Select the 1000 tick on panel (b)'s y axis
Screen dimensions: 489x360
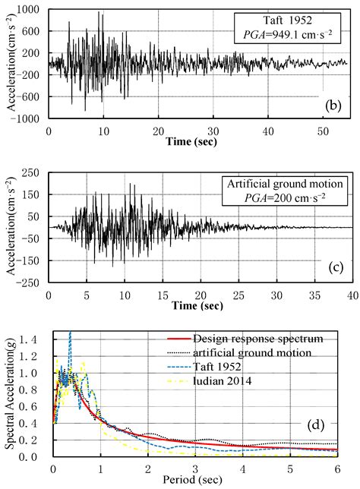coord(30,8)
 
